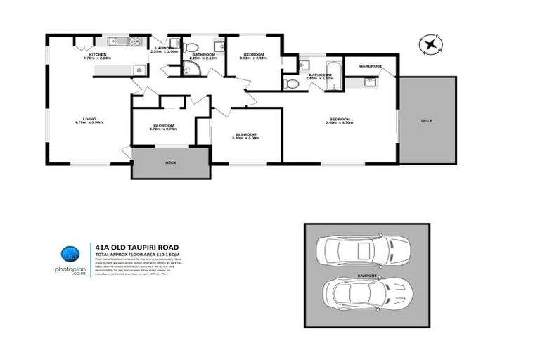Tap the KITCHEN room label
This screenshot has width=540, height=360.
point(97,56)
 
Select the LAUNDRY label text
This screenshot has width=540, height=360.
point(165,49)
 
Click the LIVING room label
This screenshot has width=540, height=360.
point(89,120)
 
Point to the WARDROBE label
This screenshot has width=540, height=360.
point(370,66)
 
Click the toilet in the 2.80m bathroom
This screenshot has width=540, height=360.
point(291,84)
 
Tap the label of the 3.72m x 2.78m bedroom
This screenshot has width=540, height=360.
point(162,127)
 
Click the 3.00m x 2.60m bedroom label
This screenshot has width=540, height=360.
point(253,56)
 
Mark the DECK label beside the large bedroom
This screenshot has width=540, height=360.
point(427,120)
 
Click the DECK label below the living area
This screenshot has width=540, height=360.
point(170,162)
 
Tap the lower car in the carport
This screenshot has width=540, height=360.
point(364,292)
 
